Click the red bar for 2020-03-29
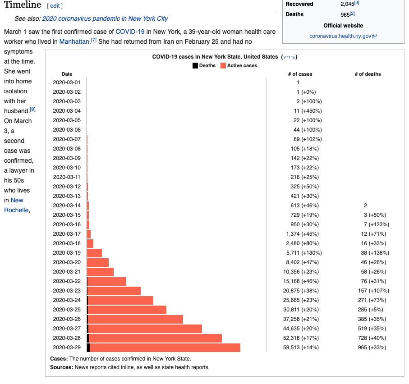[165, 347]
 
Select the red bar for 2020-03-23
[115, 291]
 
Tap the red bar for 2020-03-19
[95, 253]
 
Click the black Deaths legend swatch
[195, 66]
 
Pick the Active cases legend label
[242, 66]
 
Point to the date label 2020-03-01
[66, 82]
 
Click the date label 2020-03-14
[66, 206]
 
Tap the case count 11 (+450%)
[307, 111]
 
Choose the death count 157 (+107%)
[373, 291]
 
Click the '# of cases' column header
[300, 74]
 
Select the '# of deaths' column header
[368, 74]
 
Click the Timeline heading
[23, 5]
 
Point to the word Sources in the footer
[61, 367]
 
